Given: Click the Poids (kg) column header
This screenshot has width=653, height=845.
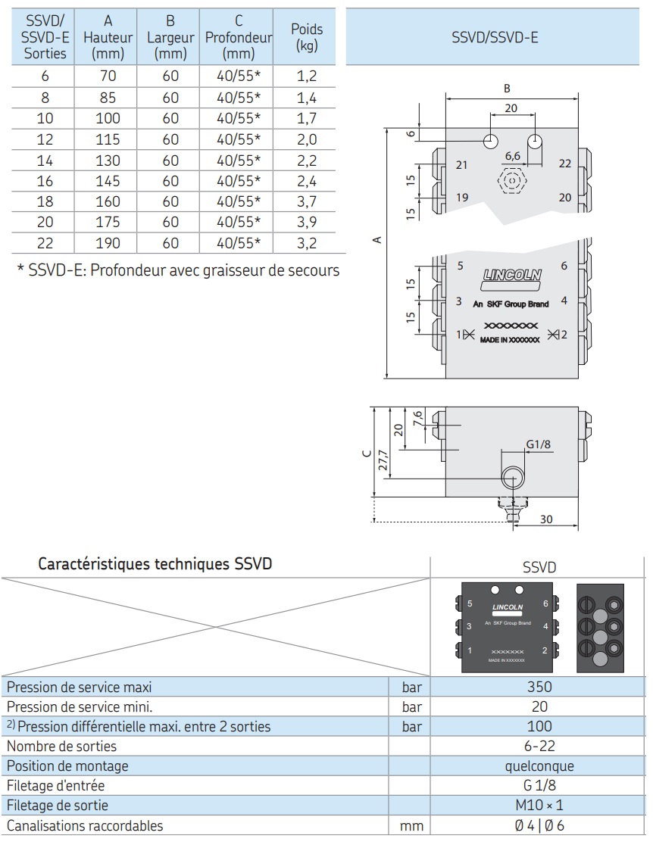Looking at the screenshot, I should pyautogui.click(x=307, y=36).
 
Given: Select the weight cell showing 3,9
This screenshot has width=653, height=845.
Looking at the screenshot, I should pyautogui.click(x=307, y=222).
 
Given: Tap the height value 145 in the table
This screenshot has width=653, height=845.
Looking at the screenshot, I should pyautogui.click(x=108, y=180).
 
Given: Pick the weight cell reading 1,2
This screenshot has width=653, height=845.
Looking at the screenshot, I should pyautogui.click(x=307, y=76).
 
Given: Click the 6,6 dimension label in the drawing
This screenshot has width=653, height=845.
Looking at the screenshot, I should pyautogui.click(x=513, y=155).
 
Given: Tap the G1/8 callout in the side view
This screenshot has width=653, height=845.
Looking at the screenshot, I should pyautogui.click(x=539, y=444).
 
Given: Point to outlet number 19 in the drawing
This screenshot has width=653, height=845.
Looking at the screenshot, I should pyautogui.click(x=462, y=198).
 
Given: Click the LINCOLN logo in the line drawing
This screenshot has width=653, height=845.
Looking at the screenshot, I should pyautogui.click(x=512, y=276).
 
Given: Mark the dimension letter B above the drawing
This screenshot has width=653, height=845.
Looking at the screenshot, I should pyautogui.click(x=507, y=89).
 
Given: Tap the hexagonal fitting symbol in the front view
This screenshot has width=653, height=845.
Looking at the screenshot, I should pyautogui.click(x=512, y=181).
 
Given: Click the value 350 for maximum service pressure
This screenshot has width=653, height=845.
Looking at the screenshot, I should pyautogui.click(x=539, y=687).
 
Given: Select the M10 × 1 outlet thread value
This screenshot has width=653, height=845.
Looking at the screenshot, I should pyautogui.click(x=539, y=806).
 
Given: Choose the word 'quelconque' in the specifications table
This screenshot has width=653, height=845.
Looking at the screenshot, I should pyautogui.click(x=539, y=765).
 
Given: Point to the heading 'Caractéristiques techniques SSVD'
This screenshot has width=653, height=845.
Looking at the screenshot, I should pyautogui.click(x=155, y=564).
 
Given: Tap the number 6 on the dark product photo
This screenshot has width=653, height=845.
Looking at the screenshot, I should pyautogui.click(x=545, y=604).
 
